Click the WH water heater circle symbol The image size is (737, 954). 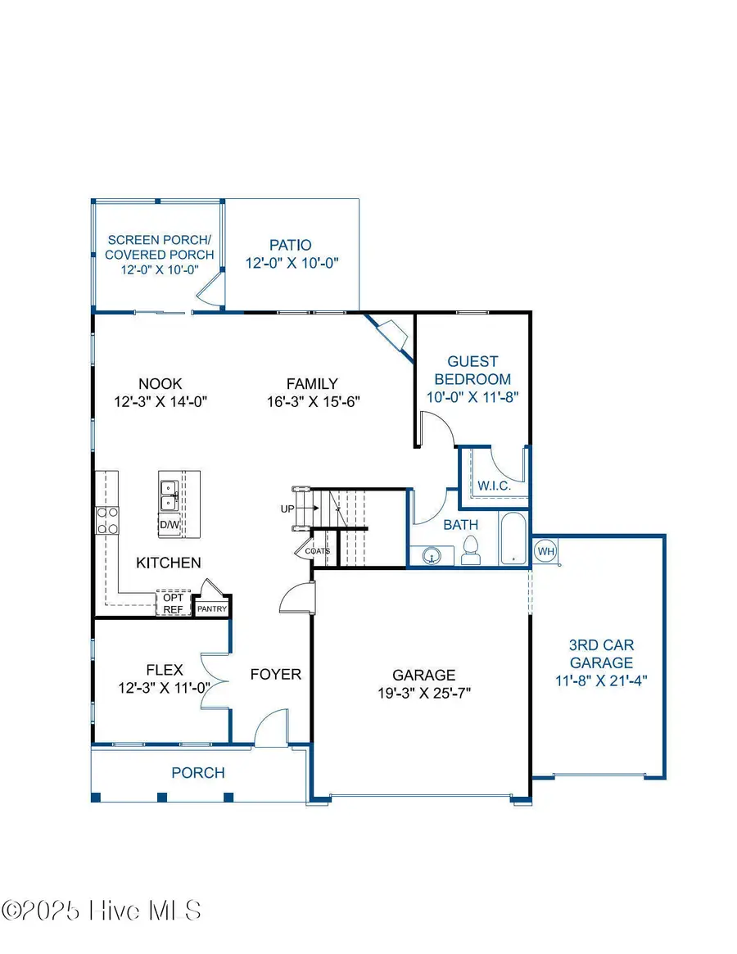(x=545, y=551)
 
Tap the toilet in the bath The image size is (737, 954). (x=471, y=550)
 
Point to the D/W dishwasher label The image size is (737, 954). (x=170, y=524)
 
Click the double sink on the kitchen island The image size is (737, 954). (x=170, y=495)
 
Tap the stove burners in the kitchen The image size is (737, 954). (x=107, y=520)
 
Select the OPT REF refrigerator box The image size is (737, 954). (x=173, y=603)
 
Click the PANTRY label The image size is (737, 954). (x=212, y=609)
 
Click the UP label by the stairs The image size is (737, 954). (x=287, y=509)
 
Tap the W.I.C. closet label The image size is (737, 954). (x=495, y=486)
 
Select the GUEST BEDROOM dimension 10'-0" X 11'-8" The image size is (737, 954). (x=472, y=397)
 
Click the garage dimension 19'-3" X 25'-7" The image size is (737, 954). (x=423, y=692)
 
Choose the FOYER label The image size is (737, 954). (x=276, y=675)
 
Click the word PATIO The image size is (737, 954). (x=291, y=245)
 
